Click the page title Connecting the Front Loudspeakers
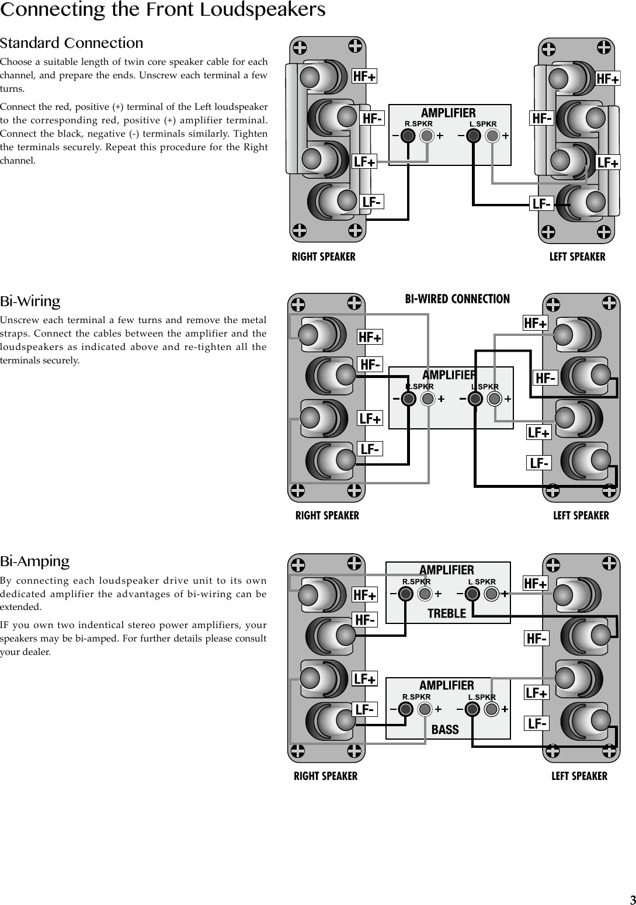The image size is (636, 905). (162, 10)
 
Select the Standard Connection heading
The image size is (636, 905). (71, 43)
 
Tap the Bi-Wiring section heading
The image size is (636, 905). (30, 301)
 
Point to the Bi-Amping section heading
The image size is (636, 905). (34, 561)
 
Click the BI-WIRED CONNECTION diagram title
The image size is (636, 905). (457, 299)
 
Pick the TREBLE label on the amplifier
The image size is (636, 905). (447, 613)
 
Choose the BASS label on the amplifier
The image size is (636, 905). (445, 730)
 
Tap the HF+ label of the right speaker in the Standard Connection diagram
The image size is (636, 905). (364, 77)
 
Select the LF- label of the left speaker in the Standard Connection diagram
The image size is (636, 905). (541, 204)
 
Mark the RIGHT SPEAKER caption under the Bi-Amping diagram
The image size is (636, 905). (325, 776)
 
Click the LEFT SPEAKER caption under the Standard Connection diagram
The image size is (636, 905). (577, 257)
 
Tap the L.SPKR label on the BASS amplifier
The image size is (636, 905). (482, 697)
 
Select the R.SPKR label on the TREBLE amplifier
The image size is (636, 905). (416, 581)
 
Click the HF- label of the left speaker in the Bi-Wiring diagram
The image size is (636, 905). (545, 379)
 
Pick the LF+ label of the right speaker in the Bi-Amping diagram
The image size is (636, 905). (365, 679)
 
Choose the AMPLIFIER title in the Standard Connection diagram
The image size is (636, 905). (449, 113)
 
